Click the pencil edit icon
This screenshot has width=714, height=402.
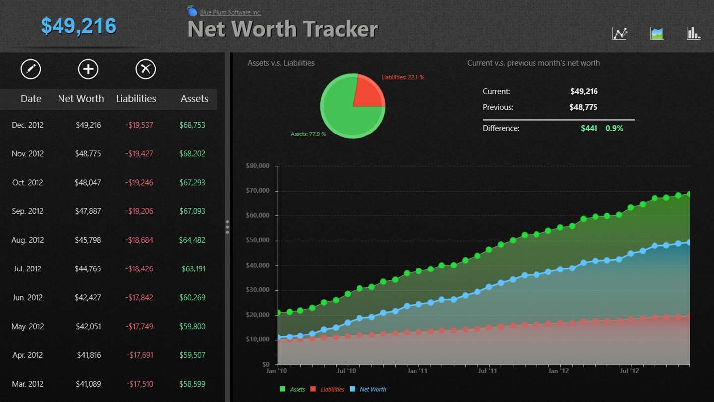click(31, 69)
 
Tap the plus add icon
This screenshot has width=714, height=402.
click(88, 69)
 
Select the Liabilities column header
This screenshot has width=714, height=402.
click(136, 99)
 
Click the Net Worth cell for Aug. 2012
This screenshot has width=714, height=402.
click(88, 240)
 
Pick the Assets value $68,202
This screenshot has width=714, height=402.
click(192, 154)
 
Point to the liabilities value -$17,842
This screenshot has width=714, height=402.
click(139, 298)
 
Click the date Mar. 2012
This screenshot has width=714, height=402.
click(28, 384)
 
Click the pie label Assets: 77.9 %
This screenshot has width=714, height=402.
click(308, 134)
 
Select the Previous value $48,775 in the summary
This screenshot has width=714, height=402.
click(584, 107)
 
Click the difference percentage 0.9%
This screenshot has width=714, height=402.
click(614, 128)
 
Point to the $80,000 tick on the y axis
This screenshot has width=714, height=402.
click(258, 166)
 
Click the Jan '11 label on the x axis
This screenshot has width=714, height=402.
click(417, 371)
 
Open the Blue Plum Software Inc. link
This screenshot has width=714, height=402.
click(230, 12)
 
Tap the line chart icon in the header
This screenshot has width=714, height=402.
click(620, 33)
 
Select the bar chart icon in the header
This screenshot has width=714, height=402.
click(693, 33)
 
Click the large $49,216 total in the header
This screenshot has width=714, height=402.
click(78, 26)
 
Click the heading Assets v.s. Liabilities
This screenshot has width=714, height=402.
click(281, 63)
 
